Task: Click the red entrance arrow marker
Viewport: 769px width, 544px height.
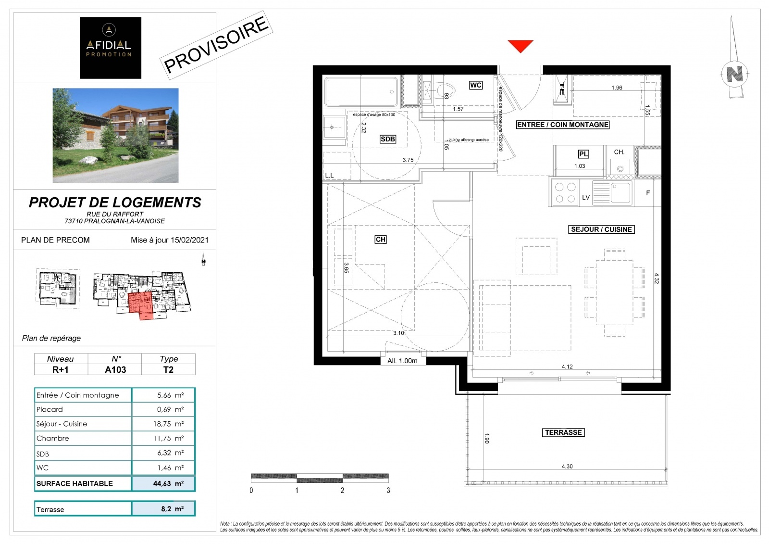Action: pos(521,46)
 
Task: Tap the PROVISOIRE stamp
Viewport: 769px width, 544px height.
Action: pos(216,44)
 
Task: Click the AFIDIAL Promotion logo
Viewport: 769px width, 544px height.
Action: pos(111,48)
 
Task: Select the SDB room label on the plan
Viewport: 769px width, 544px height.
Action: pos(388,139)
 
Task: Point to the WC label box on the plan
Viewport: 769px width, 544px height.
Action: pos(475,85)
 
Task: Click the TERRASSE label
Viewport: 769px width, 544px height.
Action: pos(563,432)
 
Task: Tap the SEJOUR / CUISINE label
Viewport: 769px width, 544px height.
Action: pos(601,229)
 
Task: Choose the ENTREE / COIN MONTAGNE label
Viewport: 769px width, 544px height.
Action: pos(562,125)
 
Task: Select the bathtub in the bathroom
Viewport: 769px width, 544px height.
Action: pos(361,91)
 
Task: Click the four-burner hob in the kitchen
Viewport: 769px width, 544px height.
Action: pos(565,193)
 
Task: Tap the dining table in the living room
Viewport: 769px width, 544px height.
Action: pos(615,292)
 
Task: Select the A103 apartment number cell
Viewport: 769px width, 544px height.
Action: pos(115,369)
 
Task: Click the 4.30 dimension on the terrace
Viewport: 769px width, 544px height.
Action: pos(567,466)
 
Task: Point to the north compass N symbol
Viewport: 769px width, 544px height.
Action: pos(734,74)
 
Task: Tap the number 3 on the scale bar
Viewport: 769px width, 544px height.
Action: pos(388,491)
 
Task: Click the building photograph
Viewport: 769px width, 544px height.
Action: pos(115,135)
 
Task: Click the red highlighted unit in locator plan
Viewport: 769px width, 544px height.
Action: pos(140,303)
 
